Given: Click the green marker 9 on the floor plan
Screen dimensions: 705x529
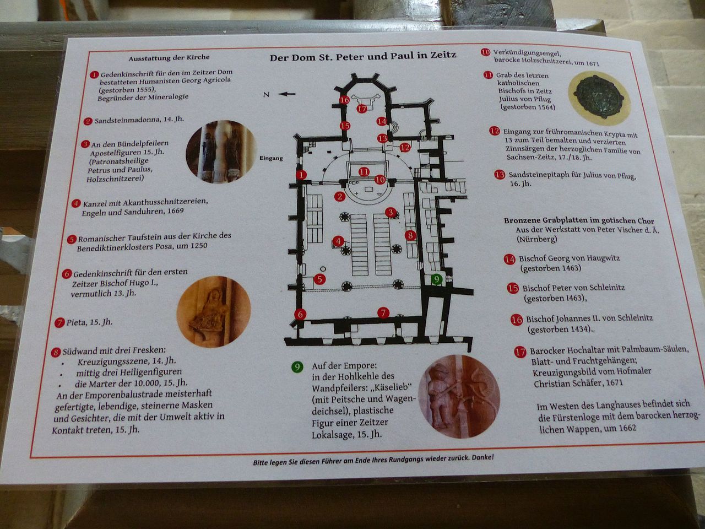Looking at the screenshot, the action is (x=436, y=279).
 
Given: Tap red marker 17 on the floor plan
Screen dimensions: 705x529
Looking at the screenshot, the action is (x=362, y=109).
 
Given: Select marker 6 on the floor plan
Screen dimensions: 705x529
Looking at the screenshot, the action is (x=300, y=314).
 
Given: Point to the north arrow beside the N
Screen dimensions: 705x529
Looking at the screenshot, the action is (x=286, y=94).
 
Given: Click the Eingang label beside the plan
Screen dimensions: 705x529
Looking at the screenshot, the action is (x=271, y=158).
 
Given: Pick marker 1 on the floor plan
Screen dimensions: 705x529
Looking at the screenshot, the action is (x=301, y=175).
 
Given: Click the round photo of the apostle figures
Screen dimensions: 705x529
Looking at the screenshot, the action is (x=221, y=152).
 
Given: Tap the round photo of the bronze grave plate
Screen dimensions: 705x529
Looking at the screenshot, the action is (x=599, y=98).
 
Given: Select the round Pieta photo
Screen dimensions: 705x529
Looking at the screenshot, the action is (x=214, y=311).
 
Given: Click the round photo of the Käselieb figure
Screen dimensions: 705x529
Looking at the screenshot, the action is (x=459, y=396).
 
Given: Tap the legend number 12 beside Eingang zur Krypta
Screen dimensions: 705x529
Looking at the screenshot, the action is (x=495, y=131).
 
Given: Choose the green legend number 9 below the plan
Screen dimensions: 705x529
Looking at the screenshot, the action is (x=297, y=366).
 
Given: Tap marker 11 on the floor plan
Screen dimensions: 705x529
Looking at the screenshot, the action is (x=364, y=172).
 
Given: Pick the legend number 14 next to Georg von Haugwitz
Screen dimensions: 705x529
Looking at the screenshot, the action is (x=509, y=259).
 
